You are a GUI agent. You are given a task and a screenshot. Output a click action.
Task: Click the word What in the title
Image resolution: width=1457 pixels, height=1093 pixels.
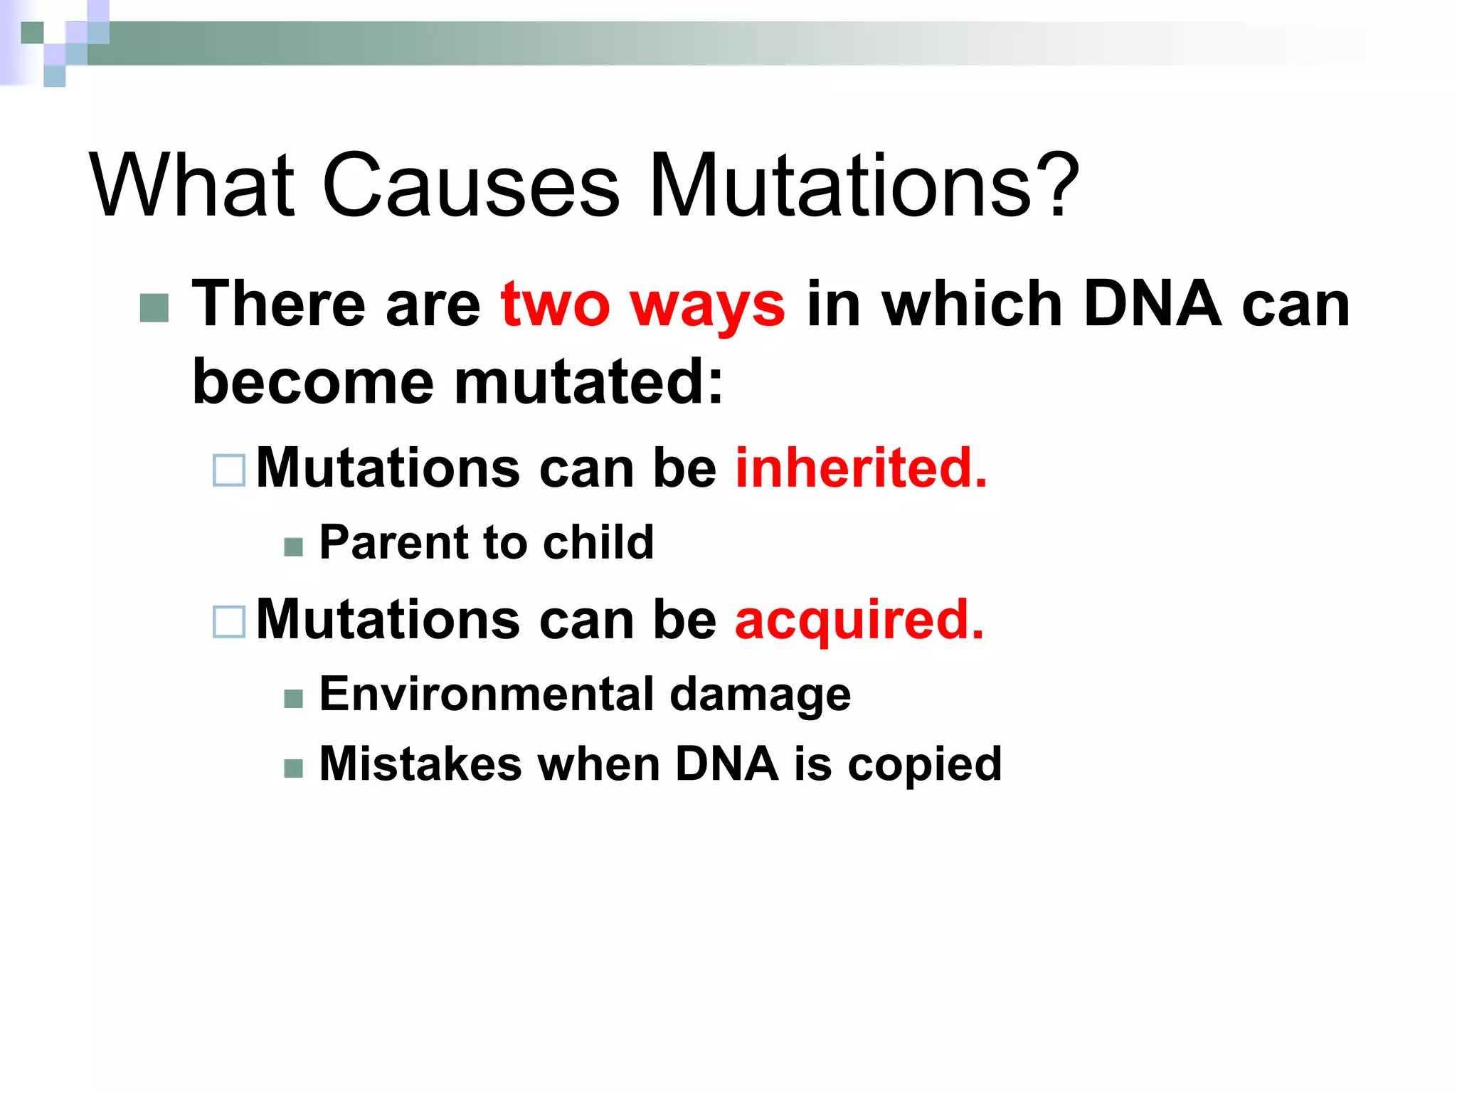coord(191,185)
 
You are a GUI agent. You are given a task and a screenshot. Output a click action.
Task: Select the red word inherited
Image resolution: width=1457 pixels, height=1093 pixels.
coord(861,468)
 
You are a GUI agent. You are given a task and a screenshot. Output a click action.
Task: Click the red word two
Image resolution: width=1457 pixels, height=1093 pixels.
coord(555,305)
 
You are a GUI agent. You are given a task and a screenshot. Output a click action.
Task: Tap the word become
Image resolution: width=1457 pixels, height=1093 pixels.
coord(313,383)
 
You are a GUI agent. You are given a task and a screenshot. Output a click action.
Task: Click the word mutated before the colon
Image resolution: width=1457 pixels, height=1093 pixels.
coord(588,383)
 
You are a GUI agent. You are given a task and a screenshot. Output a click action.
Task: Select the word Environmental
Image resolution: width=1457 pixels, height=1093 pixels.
coord(485,694)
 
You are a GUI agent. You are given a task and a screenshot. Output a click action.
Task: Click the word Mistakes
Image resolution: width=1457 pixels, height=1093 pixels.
coord(420,764)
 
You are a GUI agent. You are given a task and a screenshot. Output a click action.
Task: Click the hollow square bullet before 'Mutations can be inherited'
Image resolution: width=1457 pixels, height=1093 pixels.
coord(229,470)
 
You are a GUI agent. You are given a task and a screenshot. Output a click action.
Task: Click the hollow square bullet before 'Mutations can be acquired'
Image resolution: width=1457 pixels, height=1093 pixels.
coord(229,621)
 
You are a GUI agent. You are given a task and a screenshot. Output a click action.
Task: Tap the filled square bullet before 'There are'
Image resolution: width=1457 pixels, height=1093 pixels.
coord(154,307)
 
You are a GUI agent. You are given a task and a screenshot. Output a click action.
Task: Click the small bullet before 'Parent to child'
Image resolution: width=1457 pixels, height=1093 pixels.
coord(293,546)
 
